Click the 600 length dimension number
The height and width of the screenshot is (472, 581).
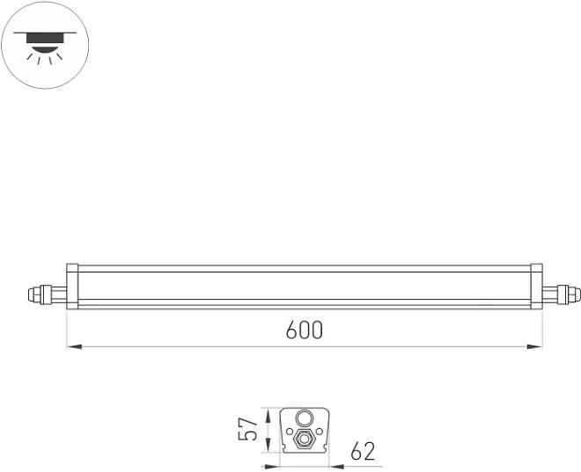pos(305,330)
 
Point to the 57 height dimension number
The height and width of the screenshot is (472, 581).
pos(247,429)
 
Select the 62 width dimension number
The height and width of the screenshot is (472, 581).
pos(363,451)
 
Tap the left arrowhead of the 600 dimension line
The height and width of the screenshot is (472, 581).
pos(74,346)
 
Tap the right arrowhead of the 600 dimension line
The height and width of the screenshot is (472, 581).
pos(534,346)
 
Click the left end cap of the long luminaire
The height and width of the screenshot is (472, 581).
pos(72,287)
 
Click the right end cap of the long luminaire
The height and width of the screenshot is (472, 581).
pos(536,287)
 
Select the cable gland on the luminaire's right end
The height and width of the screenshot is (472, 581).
pos(562,294)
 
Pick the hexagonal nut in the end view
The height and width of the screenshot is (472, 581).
pos(305,439)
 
